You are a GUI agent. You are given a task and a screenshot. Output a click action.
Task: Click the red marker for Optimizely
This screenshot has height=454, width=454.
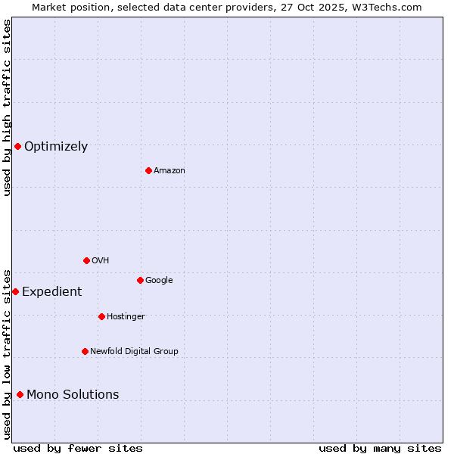click(x=17, y=146)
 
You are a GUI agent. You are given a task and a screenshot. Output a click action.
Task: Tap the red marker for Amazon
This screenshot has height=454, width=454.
click(x=148, y=170)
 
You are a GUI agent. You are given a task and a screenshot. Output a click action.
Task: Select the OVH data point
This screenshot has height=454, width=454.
click(x=86, y=260)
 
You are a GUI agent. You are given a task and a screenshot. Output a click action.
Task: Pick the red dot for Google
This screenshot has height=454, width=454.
click(x=140, y=280)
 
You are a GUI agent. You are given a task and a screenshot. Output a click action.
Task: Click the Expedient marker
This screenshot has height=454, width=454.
click(x=15, y=291)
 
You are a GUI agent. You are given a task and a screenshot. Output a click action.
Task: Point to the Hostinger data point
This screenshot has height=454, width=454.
click(x=101, y=316)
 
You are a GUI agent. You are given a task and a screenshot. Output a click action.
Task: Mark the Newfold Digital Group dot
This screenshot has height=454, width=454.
click(x=85, y=351)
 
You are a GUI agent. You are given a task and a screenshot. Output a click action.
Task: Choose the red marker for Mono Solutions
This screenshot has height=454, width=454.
click(x=20, y=394)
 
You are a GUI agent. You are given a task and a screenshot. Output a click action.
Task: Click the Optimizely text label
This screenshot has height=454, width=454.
click(x=56, y=147)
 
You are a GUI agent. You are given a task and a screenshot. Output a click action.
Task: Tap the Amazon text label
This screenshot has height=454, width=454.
click(x=169, y=171)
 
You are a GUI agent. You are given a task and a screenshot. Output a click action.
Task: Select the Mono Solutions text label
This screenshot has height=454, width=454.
click(x=73, y=395)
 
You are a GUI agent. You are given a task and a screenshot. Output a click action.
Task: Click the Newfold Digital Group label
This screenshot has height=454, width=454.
click(x=134, y=352)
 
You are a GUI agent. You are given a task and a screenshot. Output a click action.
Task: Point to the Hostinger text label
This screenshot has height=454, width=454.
click(x=126, y=317)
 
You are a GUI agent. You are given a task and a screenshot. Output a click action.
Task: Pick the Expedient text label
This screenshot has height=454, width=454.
click(x=51, y=292)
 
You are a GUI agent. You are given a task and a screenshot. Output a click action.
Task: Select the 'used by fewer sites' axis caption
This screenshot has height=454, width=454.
click(x=78, y=448)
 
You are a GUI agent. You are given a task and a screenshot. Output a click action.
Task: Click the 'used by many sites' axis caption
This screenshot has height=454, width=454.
click(x=380, y=448)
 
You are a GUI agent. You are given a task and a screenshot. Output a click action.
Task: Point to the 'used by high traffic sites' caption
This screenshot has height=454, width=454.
click(x=7, y=107)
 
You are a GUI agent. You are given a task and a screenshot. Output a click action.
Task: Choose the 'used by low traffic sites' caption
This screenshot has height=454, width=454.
click(x=7, y=354)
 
